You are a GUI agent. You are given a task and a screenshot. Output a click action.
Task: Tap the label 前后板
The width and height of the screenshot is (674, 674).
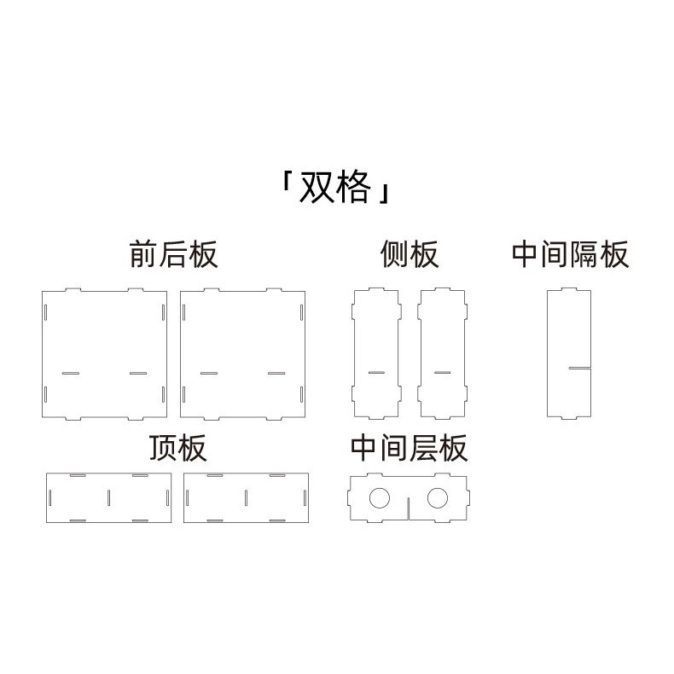pyautogui.click(x=173, y=254)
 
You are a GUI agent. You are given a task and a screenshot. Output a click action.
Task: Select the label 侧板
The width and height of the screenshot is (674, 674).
pyautogui.click(x=409, y=254)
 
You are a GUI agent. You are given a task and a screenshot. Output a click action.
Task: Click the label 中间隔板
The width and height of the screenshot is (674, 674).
pyautogui.click(x=570, y=254)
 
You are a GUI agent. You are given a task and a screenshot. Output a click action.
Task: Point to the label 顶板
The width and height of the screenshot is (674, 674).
pyautogui.click(x=177, y=447)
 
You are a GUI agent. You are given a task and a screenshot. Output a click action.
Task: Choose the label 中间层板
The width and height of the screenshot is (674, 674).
pyautogui.click(x=409, y=447)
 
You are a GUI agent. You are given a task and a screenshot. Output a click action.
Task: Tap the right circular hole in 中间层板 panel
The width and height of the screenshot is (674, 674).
pyautogui.click(x=440, y=497)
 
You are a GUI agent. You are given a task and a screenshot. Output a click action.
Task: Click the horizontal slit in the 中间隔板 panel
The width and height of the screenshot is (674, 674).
pyautogui.click(x=580, y=369)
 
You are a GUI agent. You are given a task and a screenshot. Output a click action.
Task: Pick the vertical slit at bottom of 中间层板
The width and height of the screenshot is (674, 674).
pyautogui.click(x=409, y=509)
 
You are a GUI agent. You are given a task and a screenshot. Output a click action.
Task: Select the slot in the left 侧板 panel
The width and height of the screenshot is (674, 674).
pyautogui.click(x=375, y=373)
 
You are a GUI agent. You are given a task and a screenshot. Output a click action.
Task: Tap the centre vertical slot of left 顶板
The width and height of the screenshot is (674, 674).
pyautogui.click(x=108, y=497)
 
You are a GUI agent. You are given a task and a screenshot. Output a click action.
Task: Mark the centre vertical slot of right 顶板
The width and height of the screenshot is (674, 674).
pyautogui.click(x=246, y=497)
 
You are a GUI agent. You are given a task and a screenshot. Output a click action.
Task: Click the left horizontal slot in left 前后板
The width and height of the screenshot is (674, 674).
pyautogui.click(x=70, y=373)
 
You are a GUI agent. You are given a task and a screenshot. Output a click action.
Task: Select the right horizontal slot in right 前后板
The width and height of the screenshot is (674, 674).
pyautogui.click(x=276, y=373)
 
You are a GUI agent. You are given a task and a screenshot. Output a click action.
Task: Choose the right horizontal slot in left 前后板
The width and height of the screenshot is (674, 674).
pyautogui.click(x=138, y=373)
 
